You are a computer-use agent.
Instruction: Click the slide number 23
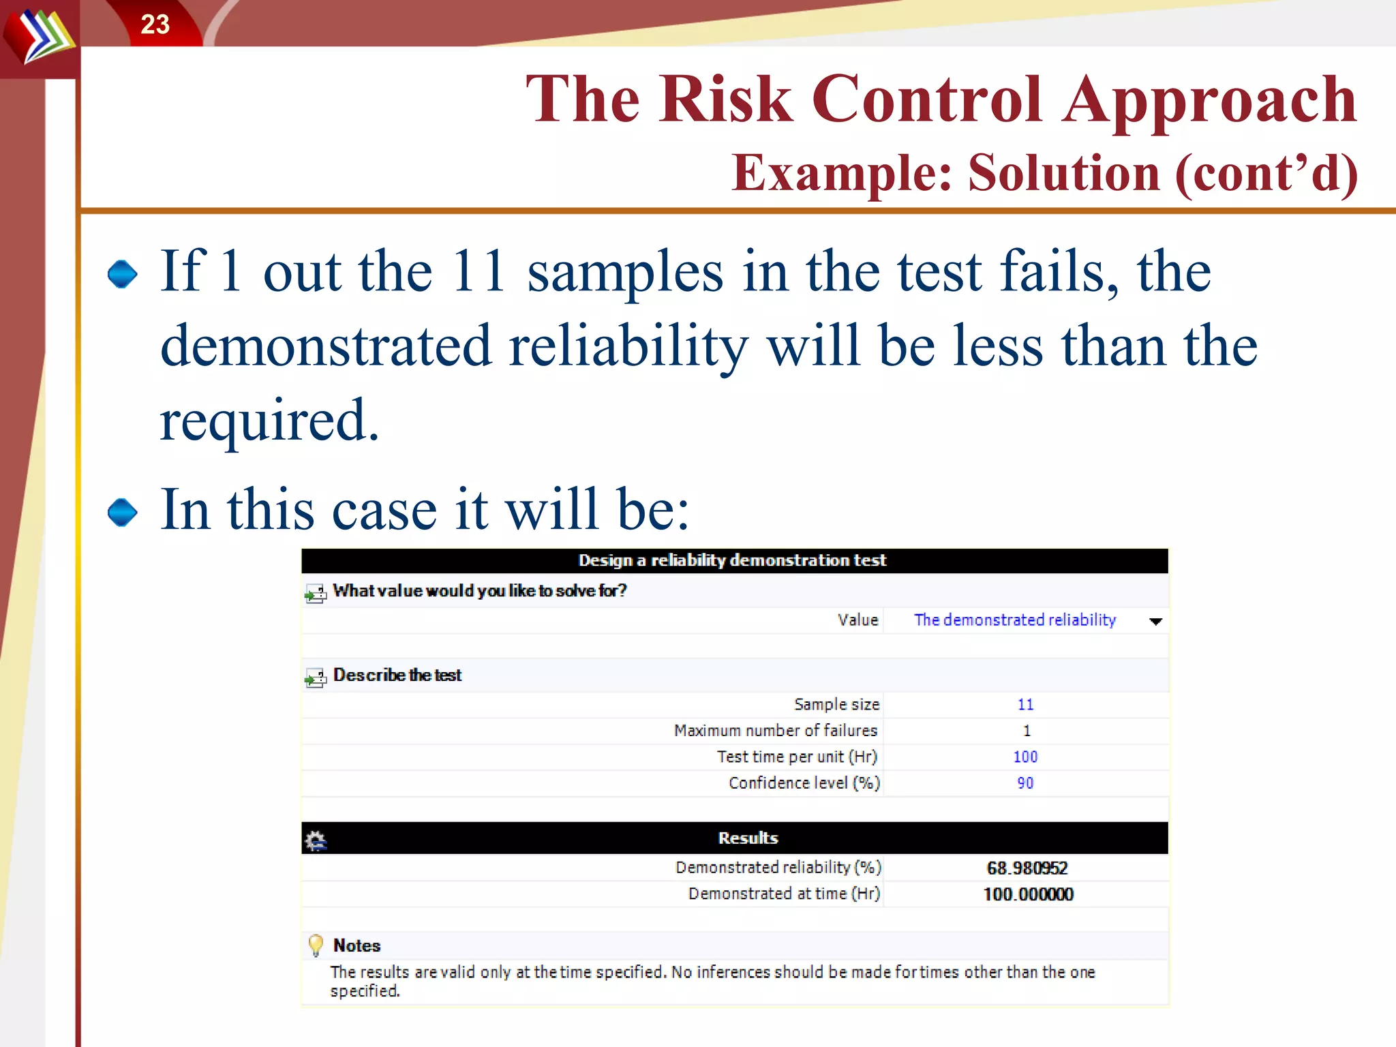155,25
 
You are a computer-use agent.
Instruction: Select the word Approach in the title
1209,101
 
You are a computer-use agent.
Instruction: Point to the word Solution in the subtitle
1063,173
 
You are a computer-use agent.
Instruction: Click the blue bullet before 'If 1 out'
123,274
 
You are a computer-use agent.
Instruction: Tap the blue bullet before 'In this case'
123,513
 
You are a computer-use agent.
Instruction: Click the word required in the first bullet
269,420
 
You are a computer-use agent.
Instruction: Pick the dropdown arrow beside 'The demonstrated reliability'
1155,621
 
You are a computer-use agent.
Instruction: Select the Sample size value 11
1025,704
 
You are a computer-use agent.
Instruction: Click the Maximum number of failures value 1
1027,731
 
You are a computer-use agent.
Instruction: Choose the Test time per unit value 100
1025,757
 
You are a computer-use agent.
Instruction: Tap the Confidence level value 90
1025,783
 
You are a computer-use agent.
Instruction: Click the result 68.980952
1027,868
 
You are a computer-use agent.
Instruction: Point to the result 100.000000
1028,894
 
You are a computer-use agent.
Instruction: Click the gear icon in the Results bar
316,840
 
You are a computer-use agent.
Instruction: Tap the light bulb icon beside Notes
316,945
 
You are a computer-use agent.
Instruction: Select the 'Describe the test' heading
397,675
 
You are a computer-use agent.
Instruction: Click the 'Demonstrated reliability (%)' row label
778,867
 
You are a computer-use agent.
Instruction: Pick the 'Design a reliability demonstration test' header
732,560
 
